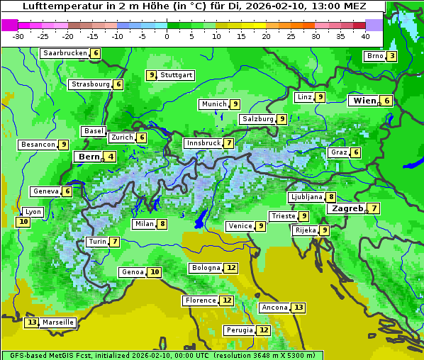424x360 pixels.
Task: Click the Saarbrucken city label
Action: (65, 53)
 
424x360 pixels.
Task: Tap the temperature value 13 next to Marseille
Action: (31, 322)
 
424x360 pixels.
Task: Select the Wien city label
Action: (364, 101)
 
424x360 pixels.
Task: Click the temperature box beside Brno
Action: (391, 57)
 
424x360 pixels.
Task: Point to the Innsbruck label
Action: (203, 143)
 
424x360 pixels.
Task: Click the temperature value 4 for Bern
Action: (111, 157)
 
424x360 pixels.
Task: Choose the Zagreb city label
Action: (347, 208)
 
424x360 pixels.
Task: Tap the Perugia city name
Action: (239, 330)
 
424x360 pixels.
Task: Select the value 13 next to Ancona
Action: (299, 308)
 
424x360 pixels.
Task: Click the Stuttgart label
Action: (176, 75)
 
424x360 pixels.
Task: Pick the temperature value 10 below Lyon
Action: (23, 222)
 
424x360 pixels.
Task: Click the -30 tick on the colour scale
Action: (18, 36)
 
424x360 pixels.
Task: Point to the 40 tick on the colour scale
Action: (365, 36)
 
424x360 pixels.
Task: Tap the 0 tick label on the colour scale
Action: (167, 36)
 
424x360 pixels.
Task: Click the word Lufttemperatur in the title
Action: (55, 6)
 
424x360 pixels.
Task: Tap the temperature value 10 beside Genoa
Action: (155, 272)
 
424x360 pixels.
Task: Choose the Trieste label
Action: (283, 216)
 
